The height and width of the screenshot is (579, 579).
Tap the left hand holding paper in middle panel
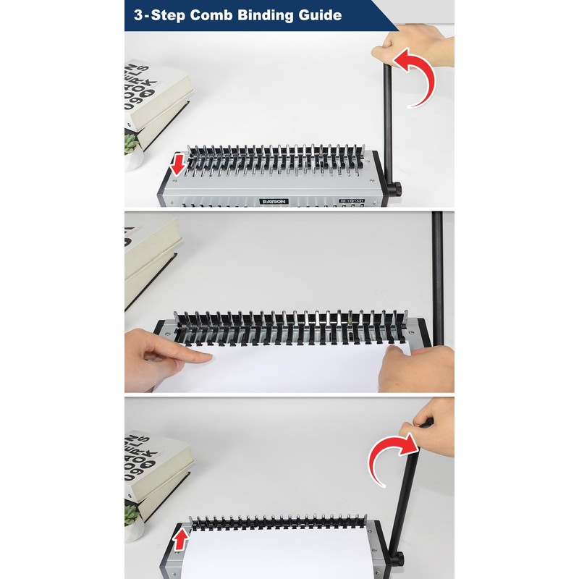(159, 355)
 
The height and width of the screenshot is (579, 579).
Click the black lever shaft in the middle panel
(438, 275)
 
